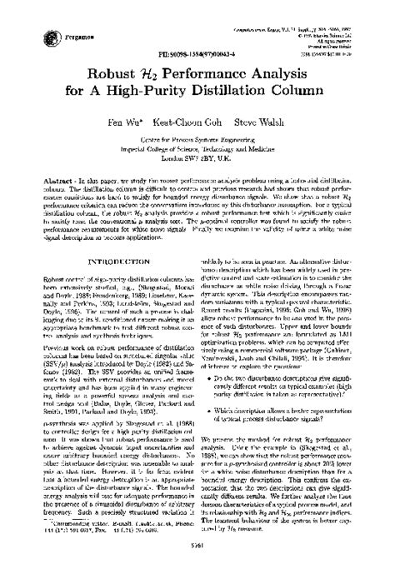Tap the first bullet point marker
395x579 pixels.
tap(213, 376)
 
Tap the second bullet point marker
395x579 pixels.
tap(213, 409)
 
